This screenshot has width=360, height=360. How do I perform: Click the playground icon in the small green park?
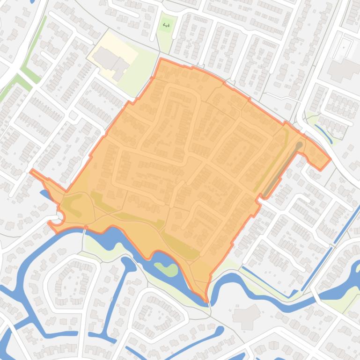click(166, 25)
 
